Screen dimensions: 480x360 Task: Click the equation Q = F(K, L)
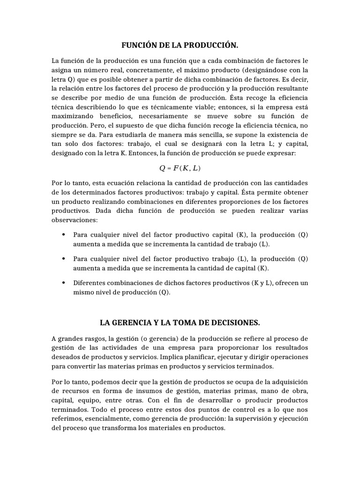[x=180, y=168]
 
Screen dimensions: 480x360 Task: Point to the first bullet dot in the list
[x=63, y=234]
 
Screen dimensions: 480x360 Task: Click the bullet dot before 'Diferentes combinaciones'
[x=63, y=283]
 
